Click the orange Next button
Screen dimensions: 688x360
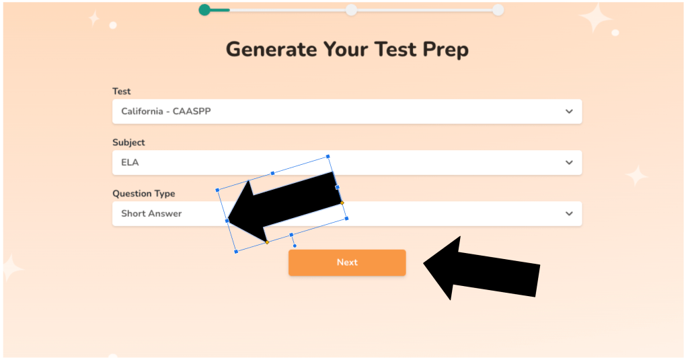[x=347, y=262]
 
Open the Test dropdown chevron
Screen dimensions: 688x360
[x=569, y=112]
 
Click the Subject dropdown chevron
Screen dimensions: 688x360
[x=569, y=162]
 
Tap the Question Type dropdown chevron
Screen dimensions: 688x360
[x=569, y=214]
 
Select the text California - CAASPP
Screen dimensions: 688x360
[x=166, y=112]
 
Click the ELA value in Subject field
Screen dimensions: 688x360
[x=130, y=162]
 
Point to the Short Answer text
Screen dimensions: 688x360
[x=151, y=214]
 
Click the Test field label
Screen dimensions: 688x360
[x=122, y=92]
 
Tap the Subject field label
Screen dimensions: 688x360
[x=128, y=143]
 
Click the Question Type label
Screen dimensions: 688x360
[x=143, y=194]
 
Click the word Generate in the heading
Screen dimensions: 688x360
[x=272, y=49]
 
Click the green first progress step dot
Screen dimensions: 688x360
[x=204, y=9]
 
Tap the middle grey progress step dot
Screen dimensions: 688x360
[x=351, y=9]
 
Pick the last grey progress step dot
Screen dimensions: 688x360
[x=498, y=9]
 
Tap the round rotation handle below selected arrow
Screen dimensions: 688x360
[x=295, y=246]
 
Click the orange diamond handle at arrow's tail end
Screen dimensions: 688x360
[x=342, y=203]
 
